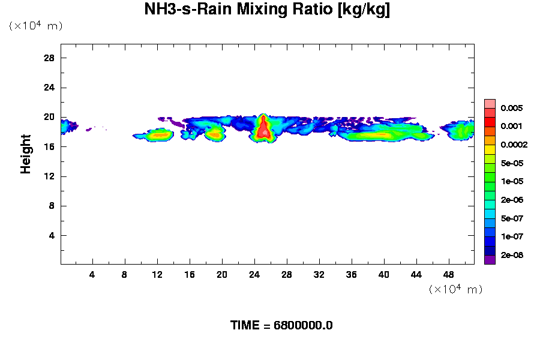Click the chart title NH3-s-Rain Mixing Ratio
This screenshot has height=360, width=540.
(x=267, y=10)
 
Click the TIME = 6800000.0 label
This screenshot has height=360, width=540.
(x=281, y=325)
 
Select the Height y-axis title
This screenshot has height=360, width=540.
(x=26, y=161)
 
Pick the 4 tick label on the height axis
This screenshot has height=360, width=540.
(x=52, y=235)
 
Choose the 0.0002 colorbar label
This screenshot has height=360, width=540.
(x=513, y=145)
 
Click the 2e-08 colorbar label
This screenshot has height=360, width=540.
(x=511, y=256)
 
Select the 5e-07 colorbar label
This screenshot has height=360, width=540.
(x=511, y=218)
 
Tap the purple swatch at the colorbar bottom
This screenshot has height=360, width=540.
(x=490, y=260)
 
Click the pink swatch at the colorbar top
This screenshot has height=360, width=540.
(x=490, y=103)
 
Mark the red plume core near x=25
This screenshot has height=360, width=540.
(x=263, y=129)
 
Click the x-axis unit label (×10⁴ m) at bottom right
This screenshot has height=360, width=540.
(x=455, y=289)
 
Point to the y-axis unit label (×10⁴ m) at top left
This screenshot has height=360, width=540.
(x=35, y=26)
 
